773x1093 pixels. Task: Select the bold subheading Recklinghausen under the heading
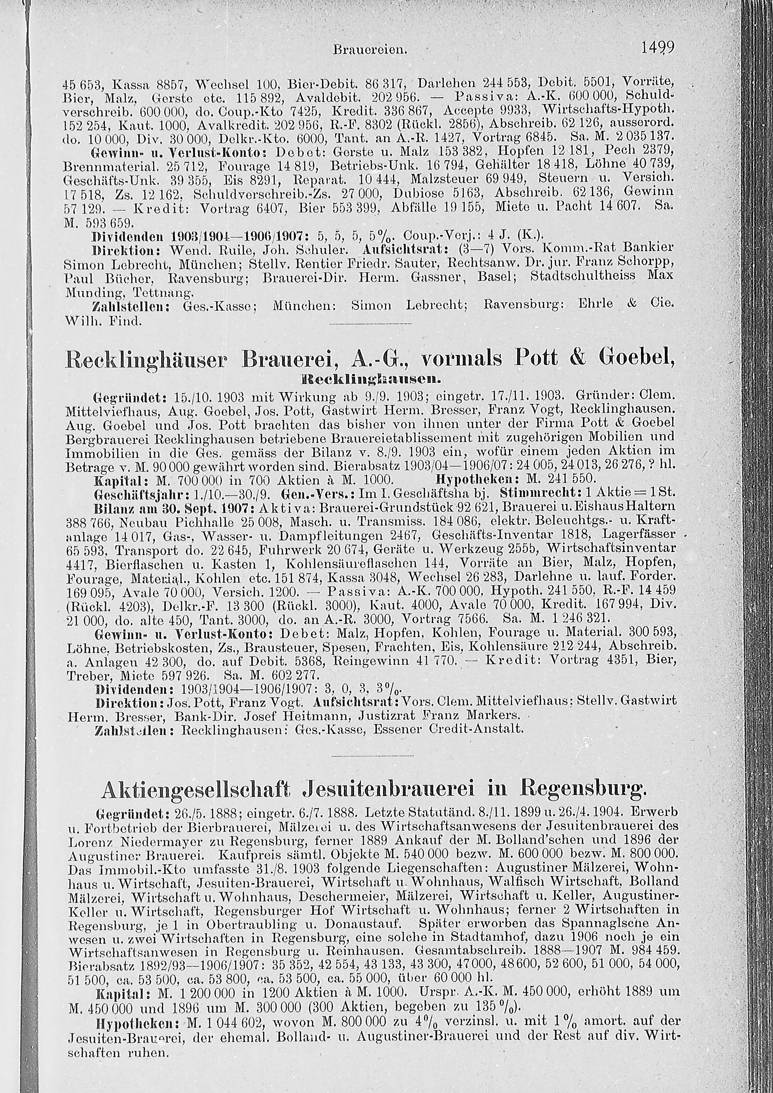pyautogui.click(x=370, y=380)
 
